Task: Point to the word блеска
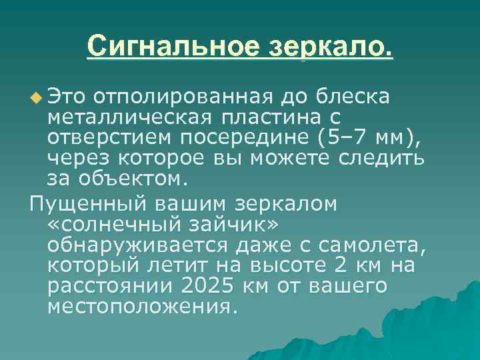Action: tap(355, 98)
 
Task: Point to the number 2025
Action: tap(197, 286)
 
